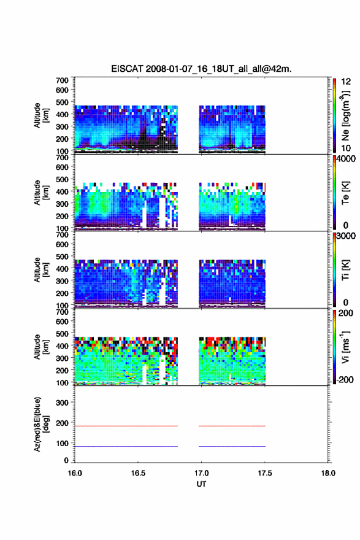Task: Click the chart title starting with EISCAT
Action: [x=201, y=69]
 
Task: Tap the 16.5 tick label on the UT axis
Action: [x=138, y=473]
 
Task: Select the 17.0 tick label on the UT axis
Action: [x=201, y=473]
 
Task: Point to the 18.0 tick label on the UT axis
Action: [x=328, y=473]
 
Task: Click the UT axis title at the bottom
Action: [x=201, y=484]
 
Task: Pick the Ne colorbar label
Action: [x=346, y=116]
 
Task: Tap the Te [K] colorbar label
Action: [x=345, y=193]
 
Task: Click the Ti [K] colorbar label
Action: [x=345, y=269]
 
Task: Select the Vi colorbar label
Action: [x=345, y=347]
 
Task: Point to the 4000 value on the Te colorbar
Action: [x=346, y=159]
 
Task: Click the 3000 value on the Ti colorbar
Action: [x=346, y=236]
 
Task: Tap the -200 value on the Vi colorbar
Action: [x=345, y=379]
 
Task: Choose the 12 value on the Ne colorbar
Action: [x=346, y=82]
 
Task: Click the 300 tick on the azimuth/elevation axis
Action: [x=63, y=403]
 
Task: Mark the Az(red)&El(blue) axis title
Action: [x=41, y=424]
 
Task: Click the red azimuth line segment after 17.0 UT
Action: [x=232, y=426]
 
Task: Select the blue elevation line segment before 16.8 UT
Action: [x=126, y=446]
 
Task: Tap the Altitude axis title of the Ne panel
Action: [x=41, y=115]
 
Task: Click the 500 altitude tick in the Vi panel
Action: [x=63, y=334]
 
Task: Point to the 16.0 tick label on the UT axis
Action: [x=75, y=473]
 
